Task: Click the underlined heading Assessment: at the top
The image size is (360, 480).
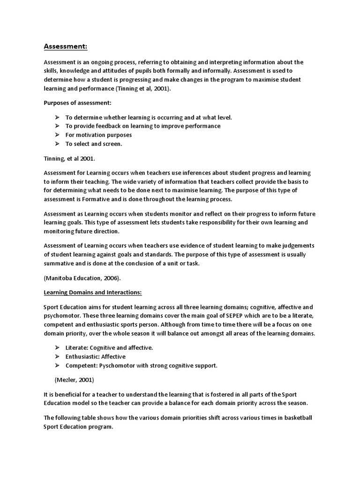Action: (66, 46)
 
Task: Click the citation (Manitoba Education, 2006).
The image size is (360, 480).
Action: (82, 277)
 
